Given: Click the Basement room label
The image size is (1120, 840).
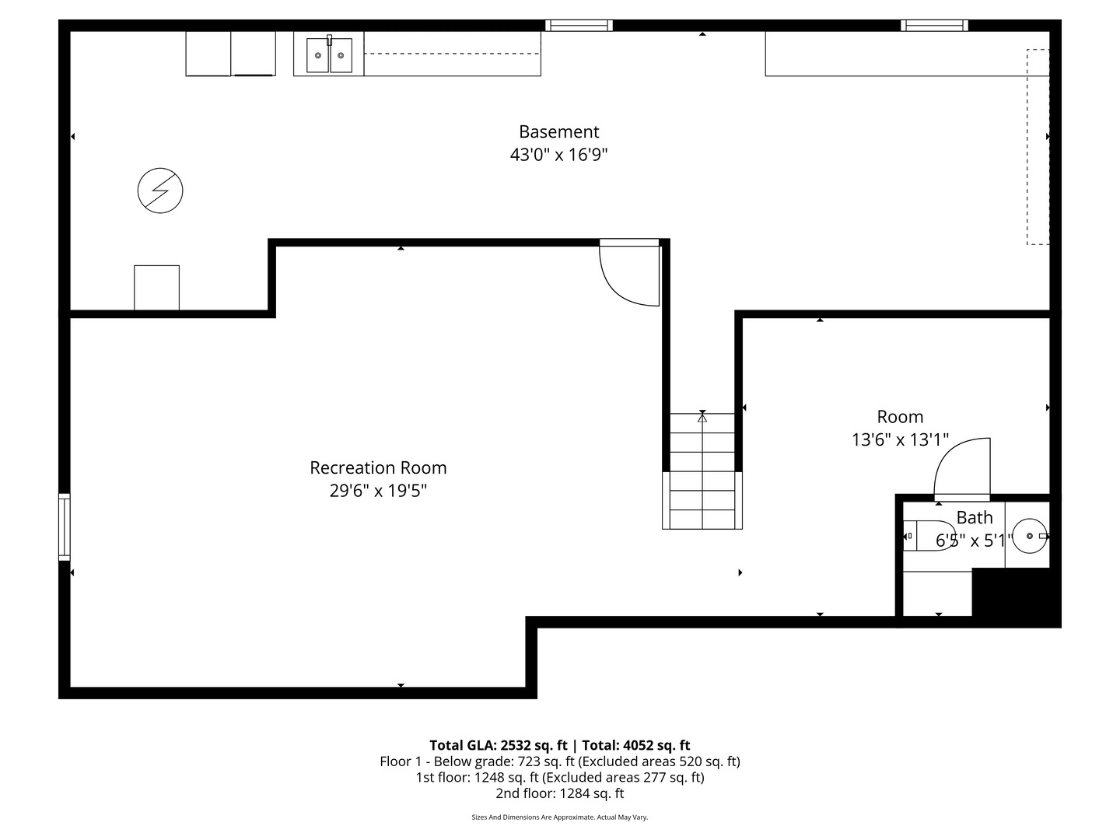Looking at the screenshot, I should coord(558,132).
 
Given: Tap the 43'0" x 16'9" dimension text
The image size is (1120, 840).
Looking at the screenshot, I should coord(558,155).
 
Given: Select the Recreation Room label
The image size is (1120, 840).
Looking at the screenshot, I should coord(378,467).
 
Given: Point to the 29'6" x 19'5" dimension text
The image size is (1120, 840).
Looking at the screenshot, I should coord(378,491).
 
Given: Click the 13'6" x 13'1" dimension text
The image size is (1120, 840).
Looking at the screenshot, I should coord(900,440).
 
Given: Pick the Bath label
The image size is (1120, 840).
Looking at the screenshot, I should coord(974,517).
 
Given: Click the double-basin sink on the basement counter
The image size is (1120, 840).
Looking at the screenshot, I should coord(328,54).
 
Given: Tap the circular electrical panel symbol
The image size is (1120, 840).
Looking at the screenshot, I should coord(160,191).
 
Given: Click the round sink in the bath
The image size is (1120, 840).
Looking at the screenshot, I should coord(1031,536).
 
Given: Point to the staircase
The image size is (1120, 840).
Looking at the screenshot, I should coord(702,471).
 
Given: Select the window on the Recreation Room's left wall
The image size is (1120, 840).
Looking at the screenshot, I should coord(65,527).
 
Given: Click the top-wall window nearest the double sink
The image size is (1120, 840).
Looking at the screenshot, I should coord(579,26).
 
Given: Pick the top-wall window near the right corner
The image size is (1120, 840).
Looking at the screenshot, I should coord(934,26).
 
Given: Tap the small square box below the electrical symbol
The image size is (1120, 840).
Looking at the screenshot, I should coord(156,288).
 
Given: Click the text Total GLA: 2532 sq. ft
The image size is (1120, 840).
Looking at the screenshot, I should coord(499,745).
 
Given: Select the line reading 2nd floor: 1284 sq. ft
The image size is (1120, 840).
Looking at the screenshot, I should coord(559,793).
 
